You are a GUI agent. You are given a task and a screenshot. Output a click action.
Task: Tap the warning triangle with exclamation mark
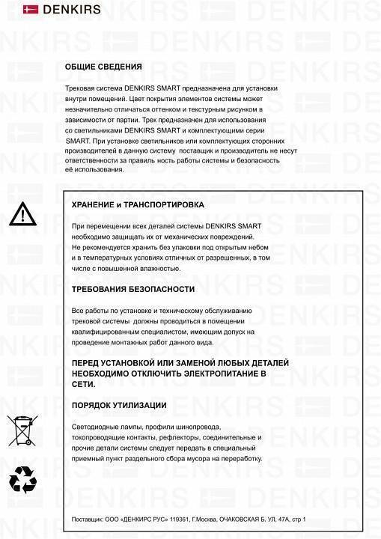[x=22, y=215]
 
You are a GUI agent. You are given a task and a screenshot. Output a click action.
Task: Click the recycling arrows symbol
[x=21, y=480]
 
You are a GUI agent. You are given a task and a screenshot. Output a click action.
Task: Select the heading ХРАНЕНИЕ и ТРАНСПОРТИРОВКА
[x=138, y=204]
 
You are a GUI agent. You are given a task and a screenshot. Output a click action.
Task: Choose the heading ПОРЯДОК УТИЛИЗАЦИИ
[x=119, y=405]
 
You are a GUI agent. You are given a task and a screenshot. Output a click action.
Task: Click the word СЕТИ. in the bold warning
[x=83, y=383]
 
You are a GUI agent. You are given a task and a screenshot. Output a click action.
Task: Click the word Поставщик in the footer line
[x=88, y=519]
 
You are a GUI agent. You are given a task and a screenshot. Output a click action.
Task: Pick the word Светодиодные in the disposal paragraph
[x=95, y=426]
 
